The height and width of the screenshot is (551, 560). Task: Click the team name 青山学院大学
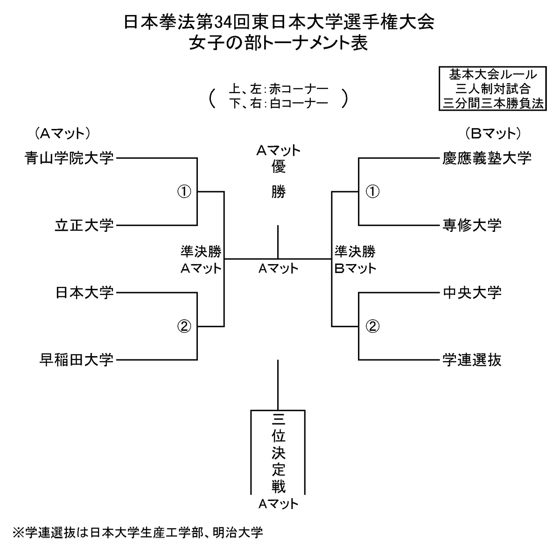click(69, 158)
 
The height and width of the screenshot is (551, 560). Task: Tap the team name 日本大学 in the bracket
click(84, 293)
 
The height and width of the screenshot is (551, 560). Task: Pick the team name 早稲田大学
click(76, 360)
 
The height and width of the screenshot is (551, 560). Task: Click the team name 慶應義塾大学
click(487, 158)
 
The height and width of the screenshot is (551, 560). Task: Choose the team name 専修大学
click(472, 225)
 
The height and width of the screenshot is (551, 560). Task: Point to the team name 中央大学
click(472, 293)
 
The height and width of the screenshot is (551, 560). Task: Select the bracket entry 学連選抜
click(472, 360)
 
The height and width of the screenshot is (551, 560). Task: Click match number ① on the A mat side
click(185, 191)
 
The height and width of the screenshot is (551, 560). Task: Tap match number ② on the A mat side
click(185, 326)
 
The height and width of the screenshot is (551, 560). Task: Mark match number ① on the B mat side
click(372, 191)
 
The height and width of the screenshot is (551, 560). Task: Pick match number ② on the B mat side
click(372, 326)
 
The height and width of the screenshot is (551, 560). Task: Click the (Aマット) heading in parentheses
click(62, 134)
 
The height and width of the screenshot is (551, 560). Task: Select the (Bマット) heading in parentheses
click(493, 134)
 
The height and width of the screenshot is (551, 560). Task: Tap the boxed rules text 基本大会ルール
click(493, 75)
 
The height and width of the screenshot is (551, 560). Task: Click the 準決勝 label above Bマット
click(355, 252)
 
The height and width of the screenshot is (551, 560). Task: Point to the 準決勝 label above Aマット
click(201, 252)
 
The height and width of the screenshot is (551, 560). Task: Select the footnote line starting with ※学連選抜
click(139, 532)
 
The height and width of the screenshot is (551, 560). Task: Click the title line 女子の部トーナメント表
click(278, 43)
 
